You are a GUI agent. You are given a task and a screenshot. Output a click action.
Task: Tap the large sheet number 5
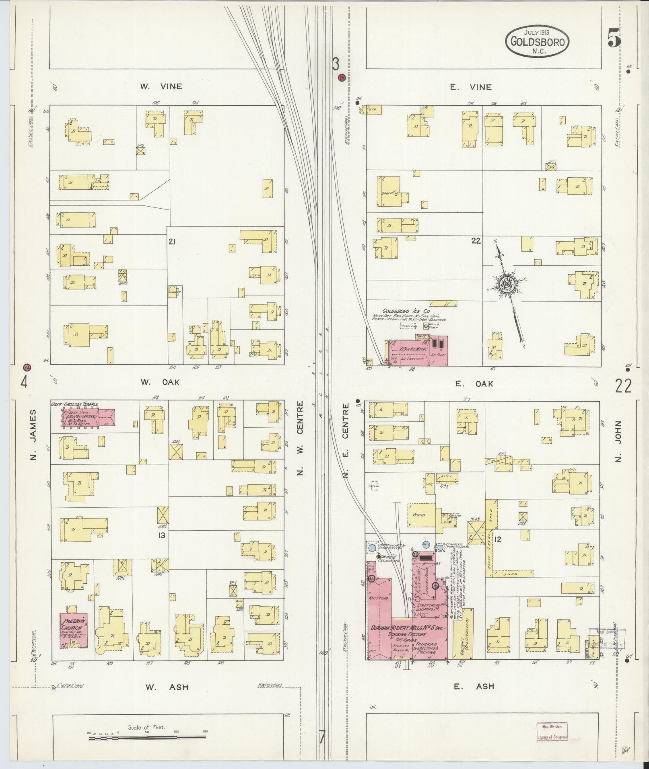click(x=614, y=40)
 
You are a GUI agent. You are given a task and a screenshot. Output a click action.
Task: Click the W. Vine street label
click(x=161, y=86)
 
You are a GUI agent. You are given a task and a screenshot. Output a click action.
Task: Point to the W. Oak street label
click(x=159, y=382)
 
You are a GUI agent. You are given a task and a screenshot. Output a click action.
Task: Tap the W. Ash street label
click(x=167, y=687)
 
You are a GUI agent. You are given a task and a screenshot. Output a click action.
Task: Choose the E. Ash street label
click(x=474, y=686)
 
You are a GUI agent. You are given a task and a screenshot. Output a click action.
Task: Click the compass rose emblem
click(x=507, y=284)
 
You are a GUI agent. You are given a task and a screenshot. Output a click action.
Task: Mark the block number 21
click(x=172, y=242)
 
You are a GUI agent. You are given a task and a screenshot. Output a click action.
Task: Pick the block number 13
click(x=162, y=535)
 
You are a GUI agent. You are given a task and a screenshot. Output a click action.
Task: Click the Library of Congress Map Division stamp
click(x=552, y=731)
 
